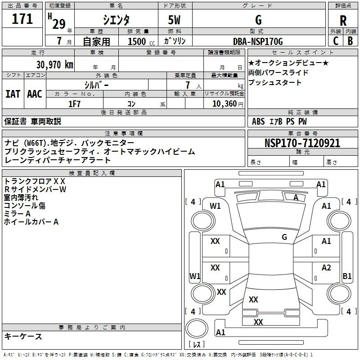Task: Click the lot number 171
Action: click(22, 19)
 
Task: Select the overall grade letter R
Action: click(343, 21)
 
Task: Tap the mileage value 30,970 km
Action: click(54, 65)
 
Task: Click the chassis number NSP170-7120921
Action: click(302, 143)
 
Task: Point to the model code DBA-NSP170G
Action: click(258, 41)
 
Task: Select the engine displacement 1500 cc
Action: click(141, 41)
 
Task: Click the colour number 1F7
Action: click(74, 104)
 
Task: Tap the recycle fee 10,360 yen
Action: click(228, 104)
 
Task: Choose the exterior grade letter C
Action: click(336, 41)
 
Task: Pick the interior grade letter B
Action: click(350, 41)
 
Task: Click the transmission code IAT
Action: click(13, 94)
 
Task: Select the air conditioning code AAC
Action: click(35, 94)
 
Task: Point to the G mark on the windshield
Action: click(284, 237)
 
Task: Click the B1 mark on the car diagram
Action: click(347, 276)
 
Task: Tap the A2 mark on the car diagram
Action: click(326, 267)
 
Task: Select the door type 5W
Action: click(174, 20)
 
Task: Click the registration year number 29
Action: click(59, 24)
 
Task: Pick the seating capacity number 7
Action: click(188, 85)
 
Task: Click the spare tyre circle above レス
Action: click(197, 328)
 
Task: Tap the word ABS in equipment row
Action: click(258, 121)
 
